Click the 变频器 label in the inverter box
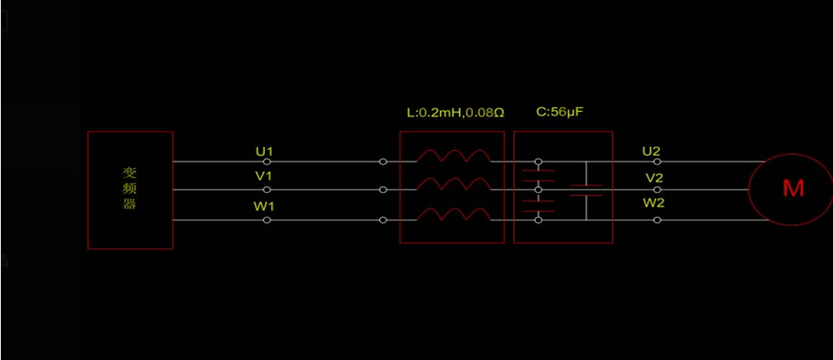click(129, 188)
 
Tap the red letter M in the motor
click(793, 189)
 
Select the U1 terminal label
click(265, 151)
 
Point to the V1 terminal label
click(265, 177)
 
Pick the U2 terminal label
click(651, 151)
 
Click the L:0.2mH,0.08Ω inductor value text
click(455, 112)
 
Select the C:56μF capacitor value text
click(560, 112)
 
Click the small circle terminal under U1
click(266, 162)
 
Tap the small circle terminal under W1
click(266, 220)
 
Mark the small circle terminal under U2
click(657, 162)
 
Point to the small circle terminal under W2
click(657, 220)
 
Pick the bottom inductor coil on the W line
click(452, 215)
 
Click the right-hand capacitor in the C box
click(586, 191)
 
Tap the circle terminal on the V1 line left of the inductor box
click(382, 190)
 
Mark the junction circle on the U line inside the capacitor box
click(538, 162)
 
